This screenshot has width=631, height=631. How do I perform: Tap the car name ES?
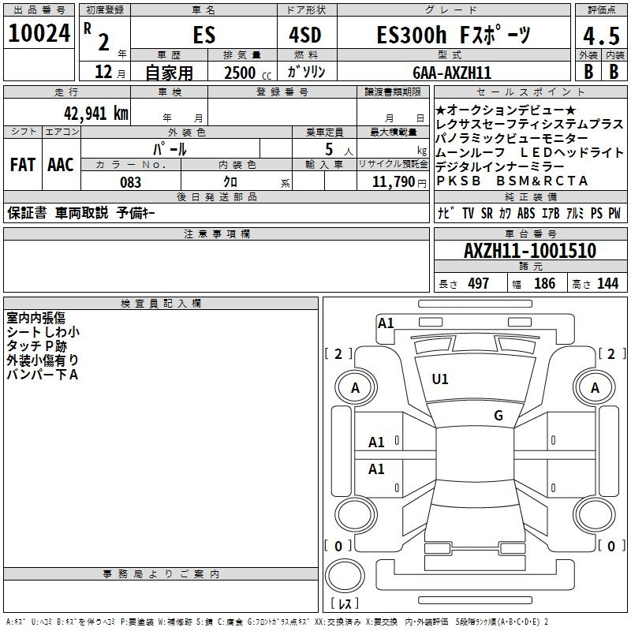(203, 35)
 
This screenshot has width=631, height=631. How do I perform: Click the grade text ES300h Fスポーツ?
(454, 35)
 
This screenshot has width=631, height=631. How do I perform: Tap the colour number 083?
(131, 182)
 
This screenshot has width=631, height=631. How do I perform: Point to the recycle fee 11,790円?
(399, 182)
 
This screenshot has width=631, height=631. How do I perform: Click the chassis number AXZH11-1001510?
(529, 251)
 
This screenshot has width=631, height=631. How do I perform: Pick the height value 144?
(607, 284)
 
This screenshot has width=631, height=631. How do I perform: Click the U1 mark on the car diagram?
(440, 379)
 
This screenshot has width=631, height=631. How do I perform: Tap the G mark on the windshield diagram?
(498, 416)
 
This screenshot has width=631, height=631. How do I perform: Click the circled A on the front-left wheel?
(355, 388)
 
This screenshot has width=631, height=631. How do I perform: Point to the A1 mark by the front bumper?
(386, 323)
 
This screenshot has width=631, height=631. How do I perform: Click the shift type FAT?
(22, 165)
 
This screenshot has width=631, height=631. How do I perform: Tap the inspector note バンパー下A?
(42, 374)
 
